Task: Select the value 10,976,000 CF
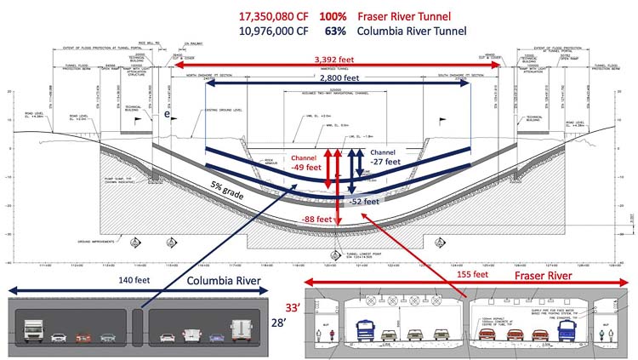pyautogui.click(x=264, y=32)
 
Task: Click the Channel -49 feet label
pyautogui.click(x=305, y=163)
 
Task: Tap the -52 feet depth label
pyautogui.click(x=367, y=201)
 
